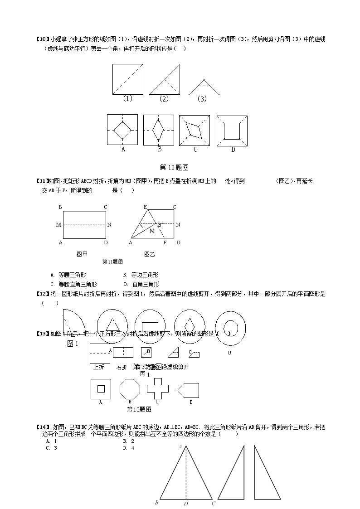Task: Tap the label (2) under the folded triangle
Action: tap(164, 99)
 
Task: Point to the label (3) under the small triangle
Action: tap(202, 99)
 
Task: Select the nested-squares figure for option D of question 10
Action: tap(232, 131)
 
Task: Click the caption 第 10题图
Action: tap(175, 167)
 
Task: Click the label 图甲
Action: tap(82, 254)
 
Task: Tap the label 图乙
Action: tap(149, 254)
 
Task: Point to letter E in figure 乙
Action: tap(146, 207)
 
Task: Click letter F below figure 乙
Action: tap(165, 242)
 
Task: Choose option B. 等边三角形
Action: tap(141, 275)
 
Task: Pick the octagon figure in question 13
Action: tap(130, 389)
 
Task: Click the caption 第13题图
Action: tap(139, 409)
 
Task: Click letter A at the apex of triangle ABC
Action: tap(180, 447)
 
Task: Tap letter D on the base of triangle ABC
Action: tap(186, 503)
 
